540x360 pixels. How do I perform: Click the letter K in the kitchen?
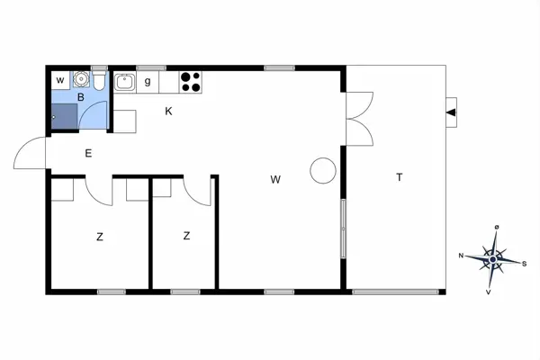click(x=167, y=112)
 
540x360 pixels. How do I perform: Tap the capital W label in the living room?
click(x=275, y=179)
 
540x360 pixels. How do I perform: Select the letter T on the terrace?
click(x=399, y=177)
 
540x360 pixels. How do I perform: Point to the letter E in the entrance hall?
click(x=88, y=153)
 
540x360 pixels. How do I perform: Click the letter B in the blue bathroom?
click(x=80, y=96)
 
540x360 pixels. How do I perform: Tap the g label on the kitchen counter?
click(x=147, y=82)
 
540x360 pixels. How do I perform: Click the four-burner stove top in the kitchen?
click(x=191, y=82)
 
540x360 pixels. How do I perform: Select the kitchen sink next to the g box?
click(x=124, y=83)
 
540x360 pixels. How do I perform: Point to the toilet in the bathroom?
click(x=100, y=83)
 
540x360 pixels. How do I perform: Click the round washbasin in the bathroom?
click(x=80, y=79)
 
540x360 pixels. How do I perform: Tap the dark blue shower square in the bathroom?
click(x=63, y=116)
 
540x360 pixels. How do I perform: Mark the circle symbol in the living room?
click(x=322, y=169)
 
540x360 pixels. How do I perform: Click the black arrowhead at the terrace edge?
click(x=452, y=112)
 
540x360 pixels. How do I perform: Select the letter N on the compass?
click(x=463, y=256)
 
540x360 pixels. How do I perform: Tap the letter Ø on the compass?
click(x=497, y=228)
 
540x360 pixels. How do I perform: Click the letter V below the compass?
click(x=489, y=292)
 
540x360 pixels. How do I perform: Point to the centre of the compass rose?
click(x=493, y=259)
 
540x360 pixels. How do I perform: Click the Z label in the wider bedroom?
click(x=99, y=237)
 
